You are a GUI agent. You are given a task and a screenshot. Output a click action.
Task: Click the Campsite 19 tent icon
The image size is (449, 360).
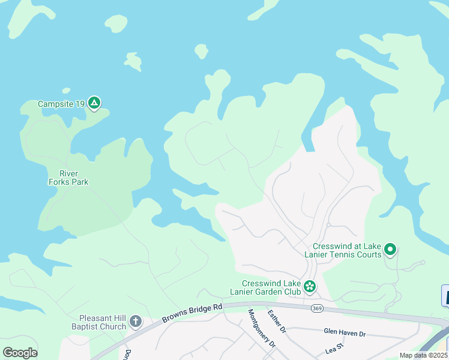tap(94, 103)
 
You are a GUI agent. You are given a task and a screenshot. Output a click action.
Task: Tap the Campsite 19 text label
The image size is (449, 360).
tap(61, 104)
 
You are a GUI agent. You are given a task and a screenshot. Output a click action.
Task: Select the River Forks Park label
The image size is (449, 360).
tap(68, 178)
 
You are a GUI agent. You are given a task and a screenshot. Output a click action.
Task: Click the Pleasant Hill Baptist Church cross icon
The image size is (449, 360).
tap(136, 322)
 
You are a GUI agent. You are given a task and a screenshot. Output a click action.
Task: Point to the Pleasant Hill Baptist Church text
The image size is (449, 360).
tap(103, 322)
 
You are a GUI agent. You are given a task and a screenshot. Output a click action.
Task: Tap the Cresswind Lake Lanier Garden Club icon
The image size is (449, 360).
tap(310, 287)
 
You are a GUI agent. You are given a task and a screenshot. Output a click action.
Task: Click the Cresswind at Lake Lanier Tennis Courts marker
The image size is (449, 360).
tap(390, 249)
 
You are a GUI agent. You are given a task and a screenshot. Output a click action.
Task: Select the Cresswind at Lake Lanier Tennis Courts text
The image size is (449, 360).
tap(347, 250)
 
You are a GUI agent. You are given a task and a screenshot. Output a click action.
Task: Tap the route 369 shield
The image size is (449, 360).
tap(317, 308)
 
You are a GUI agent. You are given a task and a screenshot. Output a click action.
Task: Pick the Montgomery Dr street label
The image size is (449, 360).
tap(261, 328)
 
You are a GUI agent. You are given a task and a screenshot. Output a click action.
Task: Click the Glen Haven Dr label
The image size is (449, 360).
tap(344, 332)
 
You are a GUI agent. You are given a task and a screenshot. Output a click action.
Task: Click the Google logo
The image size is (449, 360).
tap(20, 352)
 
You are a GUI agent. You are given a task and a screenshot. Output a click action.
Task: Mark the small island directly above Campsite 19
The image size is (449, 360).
tap(133, 61)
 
